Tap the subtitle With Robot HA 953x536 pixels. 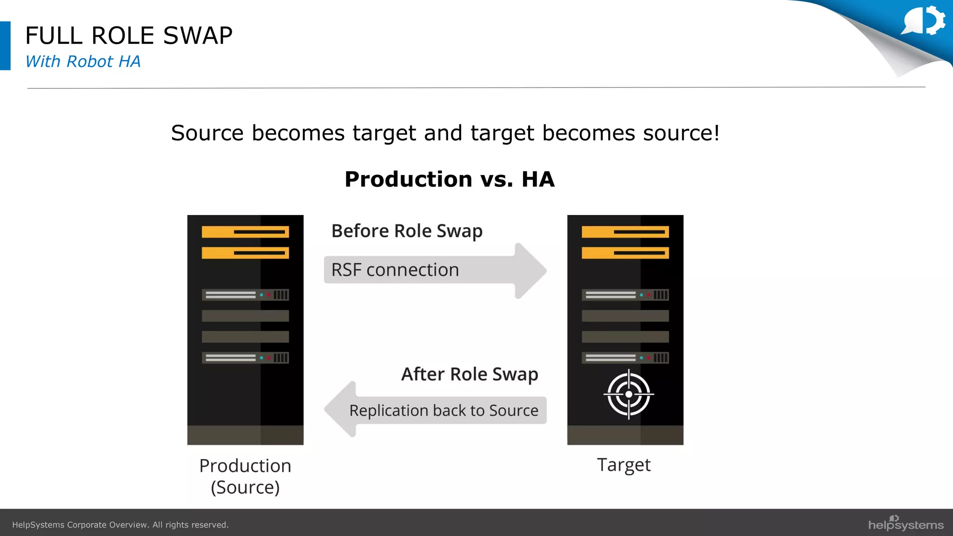pos(83,61)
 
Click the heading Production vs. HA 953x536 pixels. pos(449,179)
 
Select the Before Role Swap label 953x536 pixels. pos(407,231)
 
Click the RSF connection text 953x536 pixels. pos(395,270)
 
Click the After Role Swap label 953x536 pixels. pos(470,374)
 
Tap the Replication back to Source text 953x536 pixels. pos(443,410)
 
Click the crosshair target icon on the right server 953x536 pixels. pos(629,394)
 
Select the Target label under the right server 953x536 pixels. pos(624,465)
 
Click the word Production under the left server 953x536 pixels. pos(245,466)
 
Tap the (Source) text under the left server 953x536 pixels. pos(245,488)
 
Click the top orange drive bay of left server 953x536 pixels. pos(245,232)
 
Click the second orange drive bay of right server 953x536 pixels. pos(625,253)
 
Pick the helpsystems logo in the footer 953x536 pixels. pos(906,524)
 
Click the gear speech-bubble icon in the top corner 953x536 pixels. pos(924,20)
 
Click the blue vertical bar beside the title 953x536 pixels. pos(5,46)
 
